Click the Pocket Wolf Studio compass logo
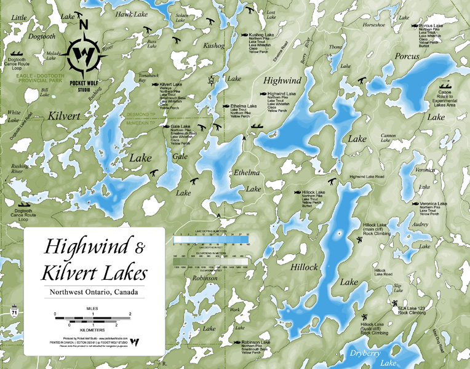tap(84, 55)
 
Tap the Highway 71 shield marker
tap(14, 313)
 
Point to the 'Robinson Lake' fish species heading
tap(255, 342)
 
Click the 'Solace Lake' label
tap(181, 17)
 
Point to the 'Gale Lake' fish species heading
tap(175, 126)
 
